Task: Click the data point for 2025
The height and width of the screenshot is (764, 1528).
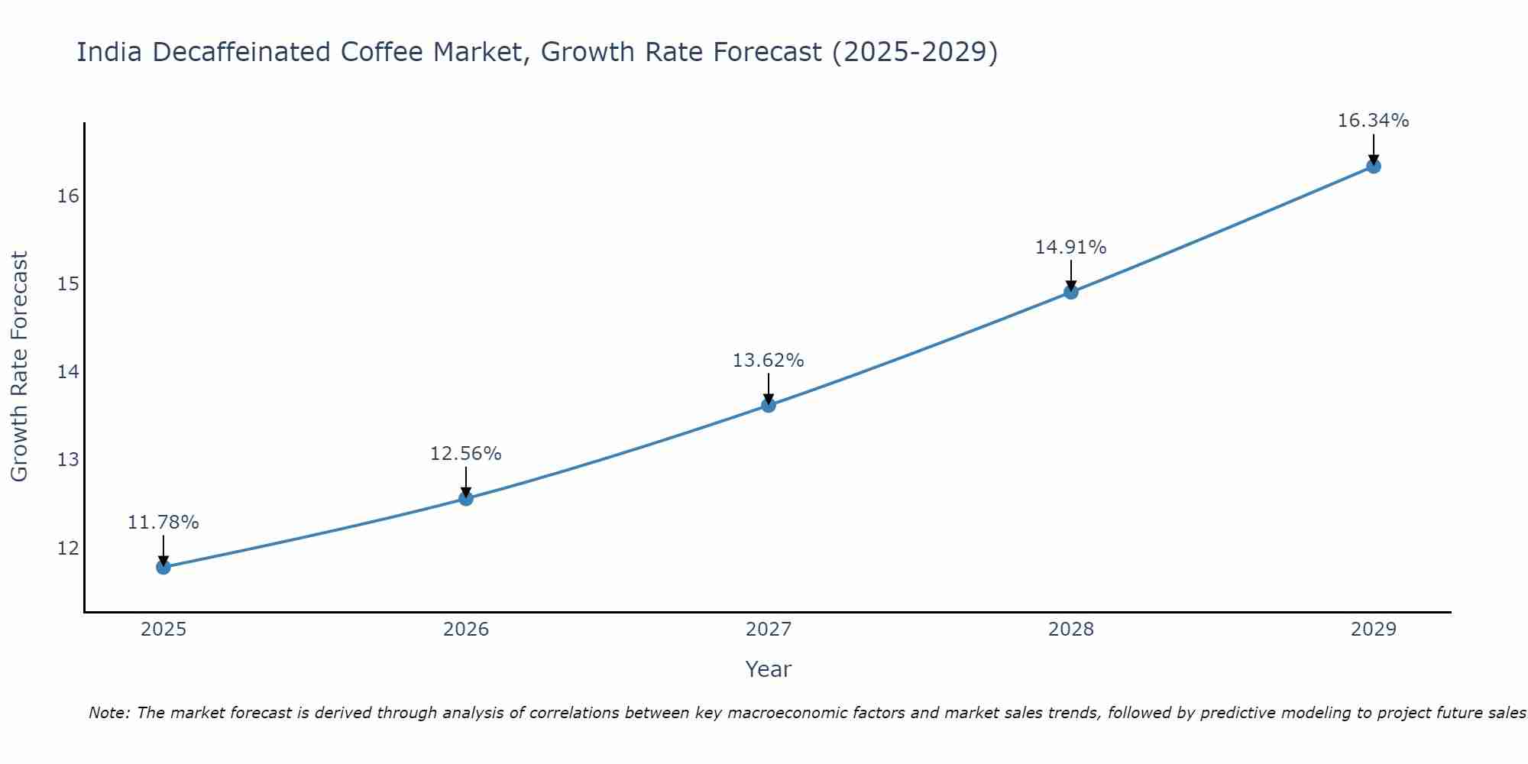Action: tap(163, 567)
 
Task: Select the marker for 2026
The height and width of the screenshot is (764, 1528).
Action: tap(466, 499)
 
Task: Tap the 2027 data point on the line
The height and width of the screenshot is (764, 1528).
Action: tap(769, 405)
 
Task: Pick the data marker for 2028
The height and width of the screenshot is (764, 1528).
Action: tap(1071, 292)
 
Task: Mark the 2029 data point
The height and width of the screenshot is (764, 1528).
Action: tap(1373, 166)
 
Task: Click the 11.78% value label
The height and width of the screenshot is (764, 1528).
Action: tap(163, 523)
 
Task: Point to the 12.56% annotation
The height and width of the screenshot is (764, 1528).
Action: tap(465, 454)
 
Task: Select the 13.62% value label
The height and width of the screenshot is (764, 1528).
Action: tap(768, 361)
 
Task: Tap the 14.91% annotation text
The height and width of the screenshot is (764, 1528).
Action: tap(1070, 248)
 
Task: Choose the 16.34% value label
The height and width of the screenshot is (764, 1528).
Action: tap(1373, 121)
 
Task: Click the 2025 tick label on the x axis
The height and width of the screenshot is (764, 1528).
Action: tap(163, 630)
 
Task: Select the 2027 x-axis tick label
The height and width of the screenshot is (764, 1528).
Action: tap(769, 630)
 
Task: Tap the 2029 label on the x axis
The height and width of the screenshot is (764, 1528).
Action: tap(1373, 630)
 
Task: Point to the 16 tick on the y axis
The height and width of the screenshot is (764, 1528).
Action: tap(68, 196)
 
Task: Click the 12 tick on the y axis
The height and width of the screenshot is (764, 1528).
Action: tap(68, 549)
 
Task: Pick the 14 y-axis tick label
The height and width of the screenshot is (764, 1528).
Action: tap(68, 372)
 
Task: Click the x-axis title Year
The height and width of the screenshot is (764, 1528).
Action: tap(768, 669)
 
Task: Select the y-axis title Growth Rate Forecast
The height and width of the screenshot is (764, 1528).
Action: tap(20, 367)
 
